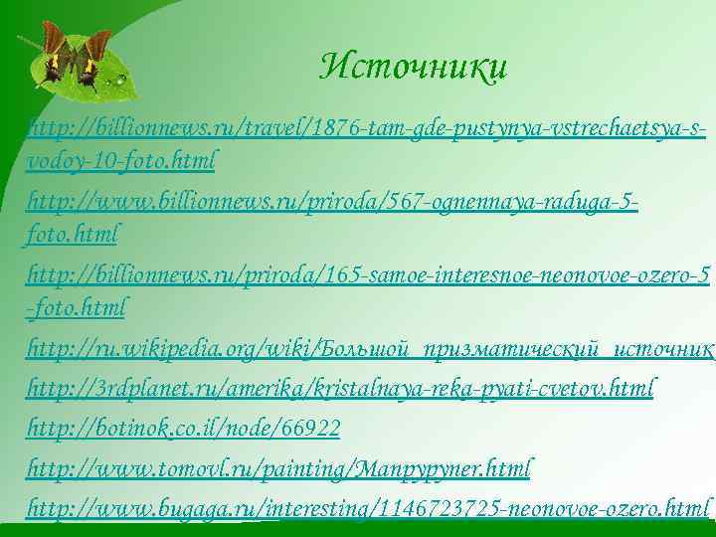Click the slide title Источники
(413, 68)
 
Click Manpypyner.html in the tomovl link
(461, 467)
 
